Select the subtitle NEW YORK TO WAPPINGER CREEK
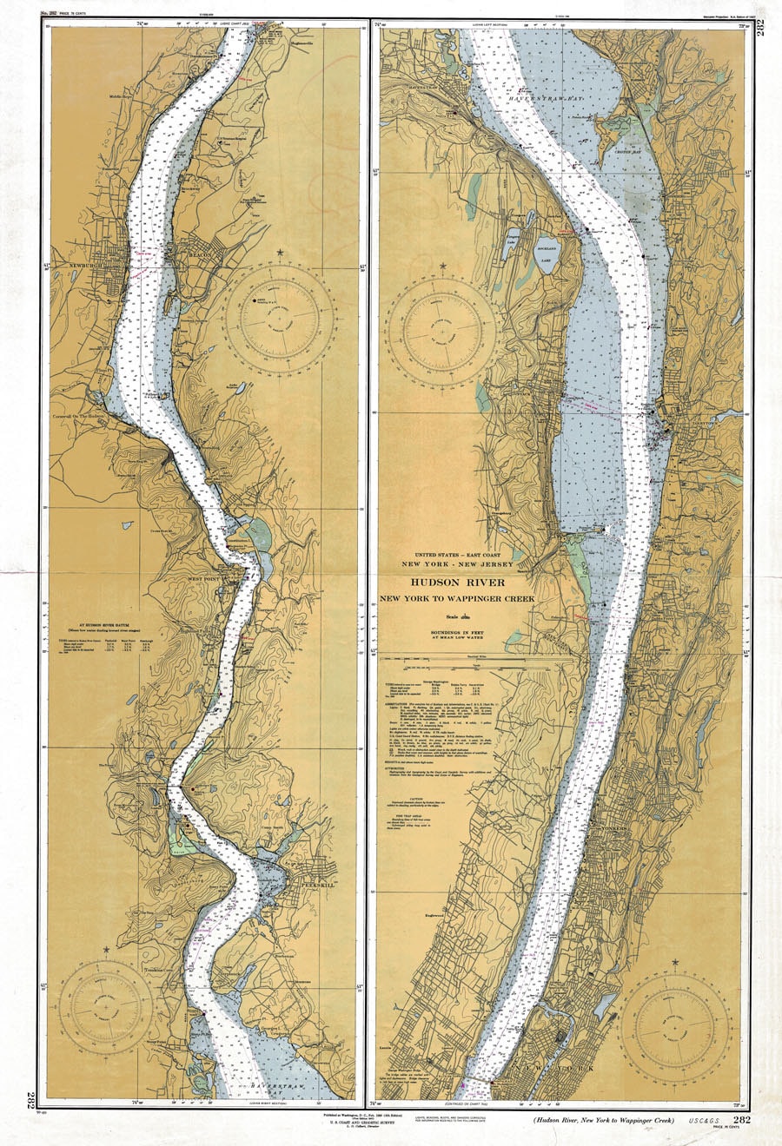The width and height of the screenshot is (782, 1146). tap(457, 599)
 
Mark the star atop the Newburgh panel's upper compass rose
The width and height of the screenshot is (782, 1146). tap(281, 254)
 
